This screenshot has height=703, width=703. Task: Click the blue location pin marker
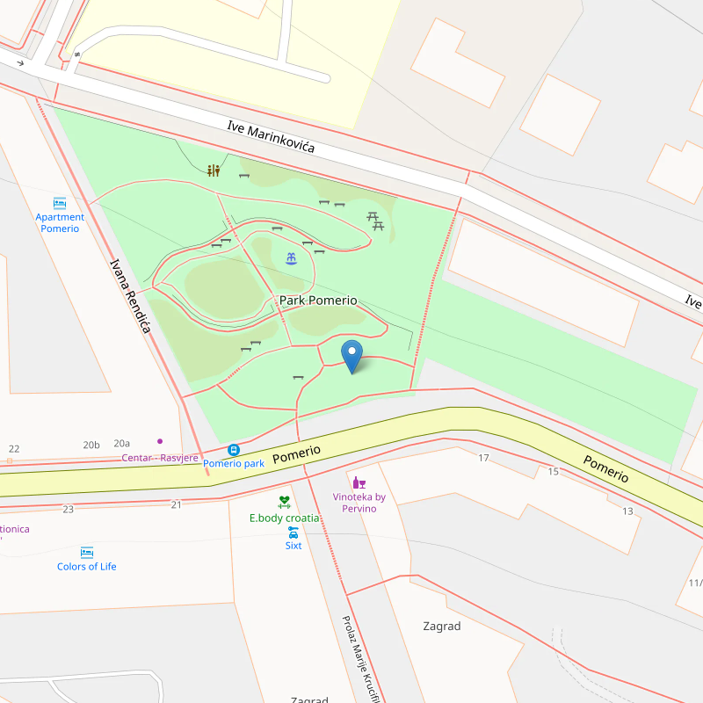[351, 356]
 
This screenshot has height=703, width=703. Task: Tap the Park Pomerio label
[318, 301]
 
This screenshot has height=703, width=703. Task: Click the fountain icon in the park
[291, 258]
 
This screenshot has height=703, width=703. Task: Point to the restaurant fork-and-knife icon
[214, 170]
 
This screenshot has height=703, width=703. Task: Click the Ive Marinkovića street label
[271, 139]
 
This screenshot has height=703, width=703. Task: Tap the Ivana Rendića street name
[131, 295]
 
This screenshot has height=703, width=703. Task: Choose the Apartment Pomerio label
[60, 222]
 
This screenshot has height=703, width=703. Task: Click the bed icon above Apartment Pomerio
[60, 203]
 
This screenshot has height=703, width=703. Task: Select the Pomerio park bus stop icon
[234, 449]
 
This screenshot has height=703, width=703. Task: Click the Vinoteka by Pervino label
[359, 503]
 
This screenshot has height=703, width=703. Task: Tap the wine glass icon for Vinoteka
[359, 482]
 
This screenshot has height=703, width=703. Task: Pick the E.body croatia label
[284, 518]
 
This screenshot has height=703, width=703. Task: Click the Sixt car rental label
[294, 546]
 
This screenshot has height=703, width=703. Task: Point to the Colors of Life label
[86, 567]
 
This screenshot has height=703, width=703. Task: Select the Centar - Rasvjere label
[160, 458]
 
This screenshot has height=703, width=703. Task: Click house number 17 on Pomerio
[483, 458]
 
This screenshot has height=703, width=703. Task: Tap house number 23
[69, 509]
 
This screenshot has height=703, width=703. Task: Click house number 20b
[91, 445]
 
